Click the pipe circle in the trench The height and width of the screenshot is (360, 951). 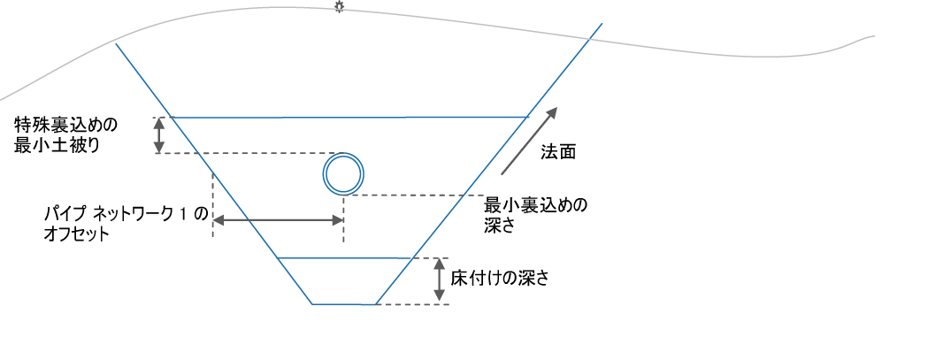pos(343,154)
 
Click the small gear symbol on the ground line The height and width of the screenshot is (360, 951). pos(339,7)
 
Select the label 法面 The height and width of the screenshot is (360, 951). pos(558,152)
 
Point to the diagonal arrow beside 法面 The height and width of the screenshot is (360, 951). pos(529,141)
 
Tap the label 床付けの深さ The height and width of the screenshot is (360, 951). pos(500,278)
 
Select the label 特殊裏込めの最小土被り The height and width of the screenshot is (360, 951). pos(65,135)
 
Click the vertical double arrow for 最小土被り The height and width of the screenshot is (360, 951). pos(158,135)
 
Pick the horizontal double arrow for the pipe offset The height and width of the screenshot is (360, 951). pos(279,220)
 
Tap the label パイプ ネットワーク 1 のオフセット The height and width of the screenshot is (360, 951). pos(125,225)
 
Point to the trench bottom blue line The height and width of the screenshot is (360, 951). pos(343,303)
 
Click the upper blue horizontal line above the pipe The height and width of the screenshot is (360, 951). pos(351,117)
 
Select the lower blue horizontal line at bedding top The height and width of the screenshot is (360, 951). pos(344,258)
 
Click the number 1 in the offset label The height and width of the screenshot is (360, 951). pos(183,215)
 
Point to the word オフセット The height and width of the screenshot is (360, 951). pos(76,234)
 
